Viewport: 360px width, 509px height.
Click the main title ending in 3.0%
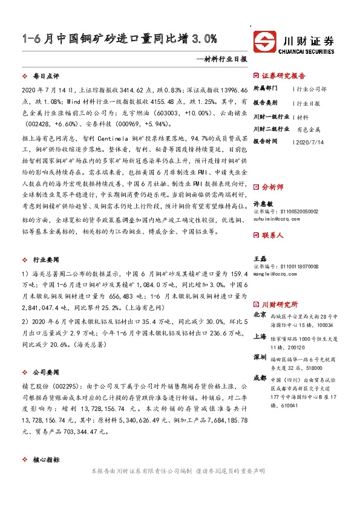pyautogui.click(x=118, y=41)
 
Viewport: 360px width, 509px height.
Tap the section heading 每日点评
pyautogui.click(x=46, y=77)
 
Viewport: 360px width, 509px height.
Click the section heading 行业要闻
pyautogui.click(x=46, y=259)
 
